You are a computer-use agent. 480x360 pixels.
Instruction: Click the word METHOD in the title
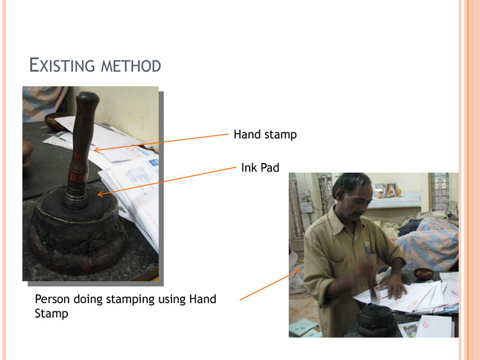click(x=131, y=66)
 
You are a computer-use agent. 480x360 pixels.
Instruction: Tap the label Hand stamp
click(x=265, y=134)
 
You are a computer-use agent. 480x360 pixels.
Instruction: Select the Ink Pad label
click(x=260, y=168)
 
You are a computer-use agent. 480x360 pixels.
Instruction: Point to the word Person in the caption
click(x=52, y=299)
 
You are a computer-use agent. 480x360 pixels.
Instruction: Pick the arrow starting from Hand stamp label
click(x=161, y=142)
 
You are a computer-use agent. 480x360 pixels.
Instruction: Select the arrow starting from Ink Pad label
click(x=167, y=181)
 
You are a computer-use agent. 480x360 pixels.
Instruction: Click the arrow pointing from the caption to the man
click(x=269, y=285)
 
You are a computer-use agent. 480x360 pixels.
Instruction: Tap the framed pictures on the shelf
click(x=386, y=191)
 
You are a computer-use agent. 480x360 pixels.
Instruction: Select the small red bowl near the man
click(x=424, y=273)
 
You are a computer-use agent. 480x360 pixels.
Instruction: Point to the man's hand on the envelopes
click(x=396, y=285)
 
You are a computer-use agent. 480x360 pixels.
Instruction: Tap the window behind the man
click(x=438, y=191)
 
